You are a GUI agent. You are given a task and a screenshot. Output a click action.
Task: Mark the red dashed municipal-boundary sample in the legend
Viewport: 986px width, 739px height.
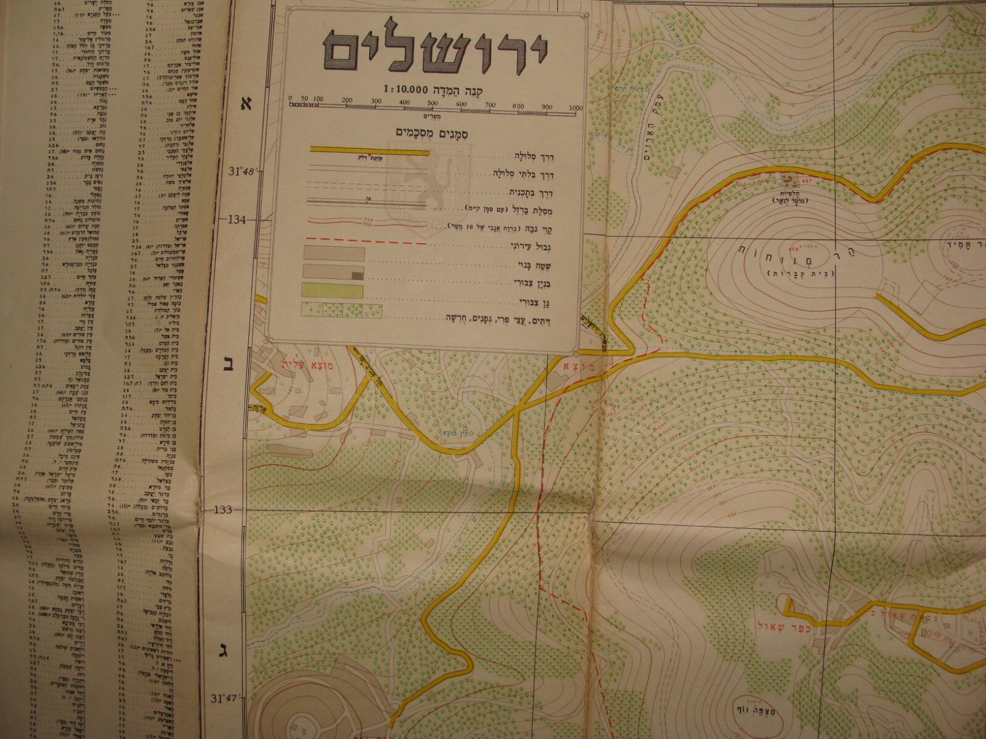364,244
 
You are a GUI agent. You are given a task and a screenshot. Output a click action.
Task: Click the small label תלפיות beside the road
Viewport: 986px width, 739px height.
788,192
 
